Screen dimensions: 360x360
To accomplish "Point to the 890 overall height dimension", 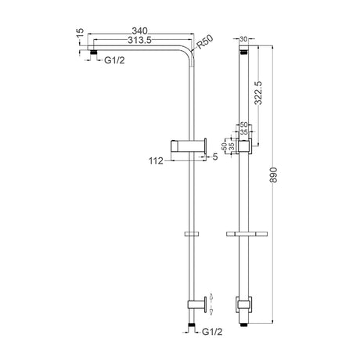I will point(272,178).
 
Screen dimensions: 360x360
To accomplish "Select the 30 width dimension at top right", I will point(244,38).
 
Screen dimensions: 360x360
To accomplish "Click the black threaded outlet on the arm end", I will point(95,52).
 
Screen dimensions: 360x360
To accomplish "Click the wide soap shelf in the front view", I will point(244,233).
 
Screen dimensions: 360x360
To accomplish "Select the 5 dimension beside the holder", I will point(214,157).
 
